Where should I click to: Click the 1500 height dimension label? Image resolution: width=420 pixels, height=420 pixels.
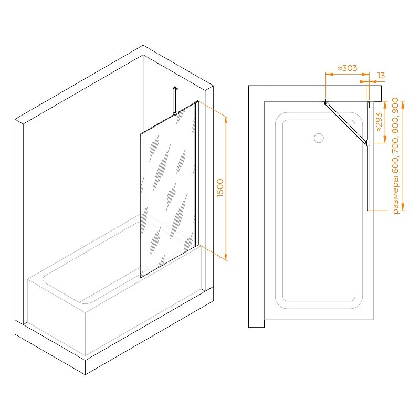point(220,188)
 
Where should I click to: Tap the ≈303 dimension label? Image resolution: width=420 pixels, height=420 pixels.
point(347,68)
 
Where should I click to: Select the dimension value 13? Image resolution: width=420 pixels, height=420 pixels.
point(381,76)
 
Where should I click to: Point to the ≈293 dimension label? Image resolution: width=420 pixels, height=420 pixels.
point(379,122)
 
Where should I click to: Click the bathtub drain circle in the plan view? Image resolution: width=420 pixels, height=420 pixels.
point(319,138)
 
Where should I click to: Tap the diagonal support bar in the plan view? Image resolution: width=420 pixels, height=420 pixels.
point(346,123)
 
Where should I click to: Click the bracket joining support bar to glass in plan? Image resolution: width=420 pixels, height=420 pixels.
point(369,143)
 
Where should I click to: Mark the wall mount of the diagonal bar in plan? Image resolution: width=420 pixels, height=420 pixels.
point(325,102)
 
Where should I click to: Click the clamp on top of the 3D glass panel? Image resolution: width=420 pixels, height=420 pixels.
point(176,113)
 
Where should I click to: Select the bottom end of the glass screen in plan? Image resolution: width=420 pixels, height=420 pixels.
point(369,211)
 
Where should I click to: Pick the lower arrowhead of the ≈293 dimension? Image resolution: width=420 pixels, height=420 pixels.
point(385,139)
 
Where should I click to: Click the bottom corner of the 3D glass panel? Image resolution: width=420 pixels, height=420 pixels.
point(141,278)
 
